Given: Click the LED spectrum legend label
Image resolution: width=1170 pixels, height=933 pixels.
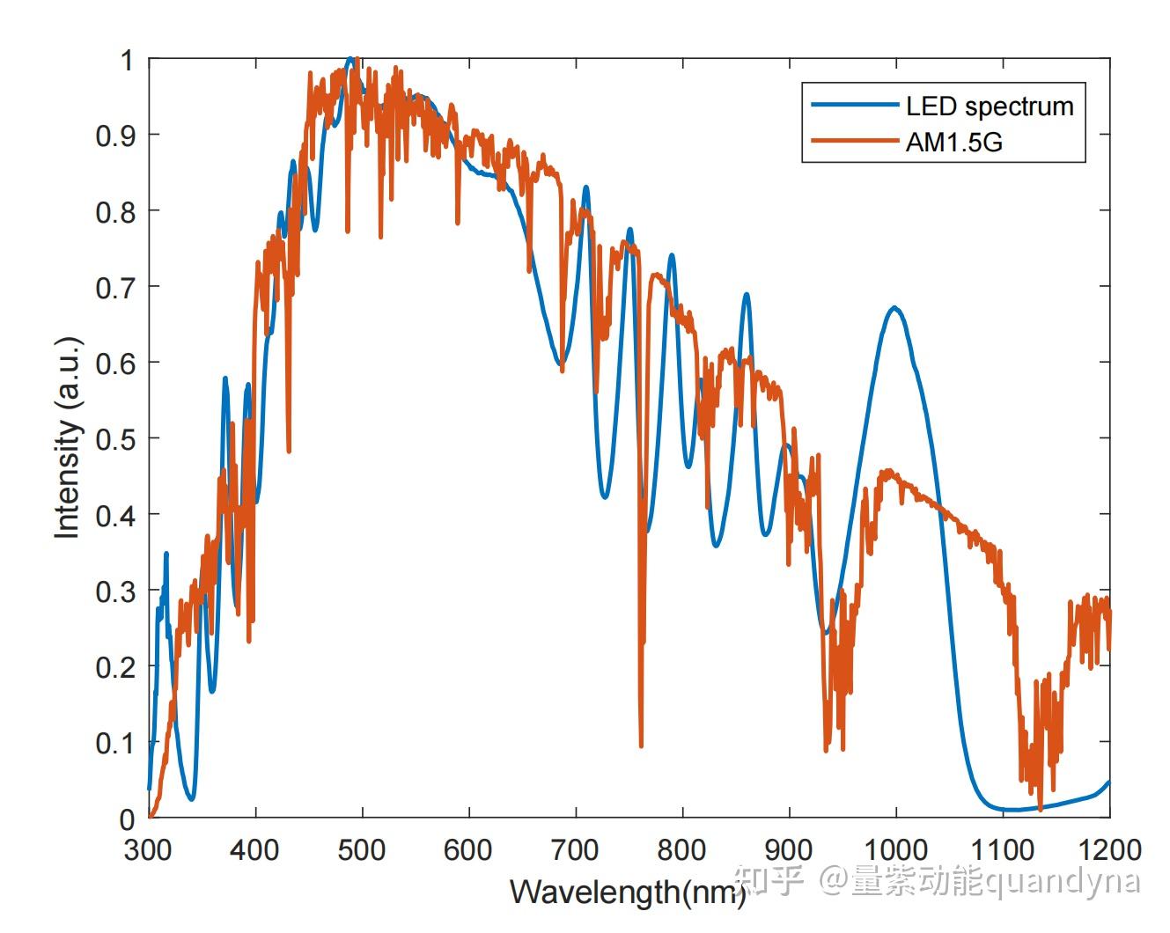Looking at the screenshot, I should click(990, 107).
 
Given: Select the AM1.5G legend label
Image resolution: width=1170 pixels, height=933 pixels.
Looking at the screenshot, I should click(953, 142).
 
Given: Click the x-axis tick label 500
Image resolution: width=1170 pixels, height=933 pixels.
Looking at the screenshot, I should click(362, 850).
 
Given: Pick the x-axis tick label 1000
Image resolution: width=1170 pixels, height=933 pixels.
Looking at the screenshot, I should click(895, 850).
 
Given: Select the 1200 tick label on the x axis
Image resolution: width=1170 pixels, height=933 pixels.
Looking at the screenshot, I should click(1108, 850).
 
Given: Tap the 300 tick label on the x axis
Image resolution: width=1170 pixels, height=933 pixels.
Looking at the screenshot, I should click(148, 850).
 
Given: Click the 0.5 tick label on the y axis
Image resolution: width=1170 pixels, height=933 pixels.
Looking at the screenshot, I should click(115, 438).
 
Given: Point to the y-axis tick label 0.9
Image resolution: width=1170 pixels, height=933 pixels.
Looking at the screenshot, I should click(115, 135).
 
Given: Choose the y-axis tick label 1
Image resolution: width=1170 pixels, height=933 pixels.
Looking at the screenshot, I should click(127, 60).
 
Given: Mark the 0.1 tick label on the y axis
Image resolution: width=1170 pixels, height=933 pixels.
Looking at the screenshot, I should click(115, 743).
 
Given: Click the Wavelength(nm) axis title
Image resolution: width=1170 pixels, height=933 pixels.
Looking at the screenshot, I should click(627, 893).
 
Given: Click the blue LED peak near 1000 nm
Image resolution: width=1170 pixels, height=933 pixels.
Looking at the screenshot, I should click(894, 307).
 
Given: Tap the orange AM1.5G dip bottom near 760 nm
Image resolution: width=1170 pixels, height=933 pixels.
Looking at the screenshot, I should click(641, 746).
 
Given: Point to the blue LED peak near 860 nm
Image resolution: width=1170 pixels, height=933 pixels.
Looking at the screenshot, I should click(747, 294).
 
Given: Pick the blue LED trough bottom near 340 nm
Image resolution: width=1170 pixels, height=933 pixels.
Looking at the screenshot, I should click(191, 798).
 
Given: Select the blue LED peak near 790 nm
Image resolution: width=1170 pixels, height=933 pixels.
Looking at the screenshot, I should click(672, 255).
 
